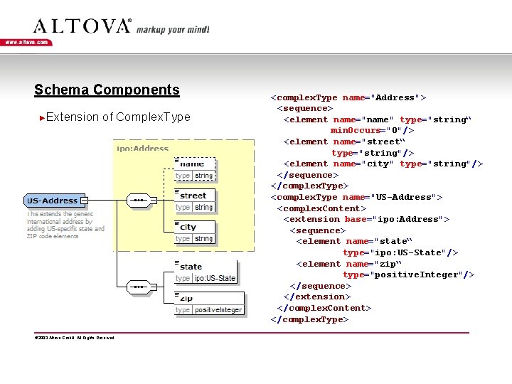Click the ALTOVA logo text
[82, 26]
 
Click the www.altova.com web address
[27, 43]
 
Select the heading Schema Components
[107, 90]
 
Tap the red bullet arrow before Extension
[43, 117]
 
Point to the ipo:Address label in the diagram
[143, 149]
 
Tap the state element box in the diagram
[206, 272]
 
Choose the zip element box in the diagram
[209, 303]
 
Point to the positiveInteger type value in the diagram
[218, 310]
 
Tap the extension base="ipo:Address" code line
[366, 219]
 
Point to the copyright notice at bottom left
[74, 337]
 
